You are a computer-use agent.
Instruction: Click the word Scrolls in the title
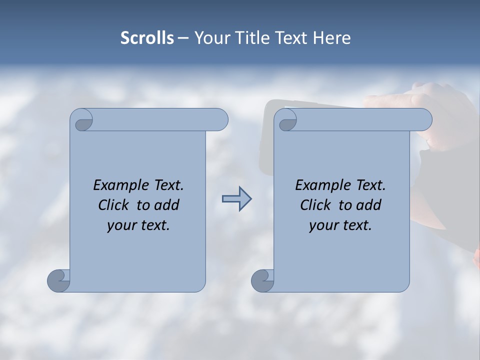click(147, 38)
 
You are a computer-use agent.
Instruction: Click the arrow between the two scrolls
click(236, 199)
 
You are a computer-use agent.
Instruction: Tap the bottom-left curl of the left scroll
click(59, 280)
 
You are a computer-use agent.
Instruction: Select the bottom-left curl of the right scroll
click(262, 280)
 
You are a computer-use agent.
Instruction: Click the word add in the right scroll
click(369, 205)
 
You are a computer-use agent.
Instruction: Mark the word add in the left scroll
click(167, 205)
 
